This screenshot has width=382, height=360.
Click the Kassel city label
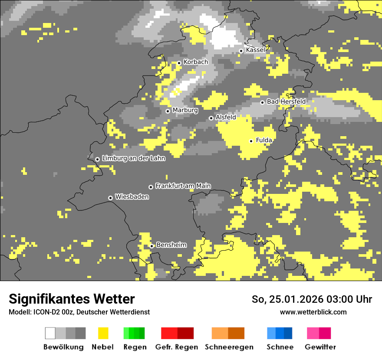point(255,50)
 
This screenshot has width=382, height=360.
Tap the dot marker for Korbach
point(179,63)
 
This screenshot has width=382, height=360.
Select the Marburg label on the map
point(185,110)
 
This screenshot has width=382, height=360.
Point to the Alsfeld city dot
point(211,118)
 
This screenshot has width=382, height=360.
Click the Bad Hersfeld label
point(286,101)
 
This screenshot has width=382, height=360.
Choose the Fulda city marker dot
point(251,141)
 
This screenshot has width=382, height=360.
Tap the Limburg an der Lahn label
point(133,158)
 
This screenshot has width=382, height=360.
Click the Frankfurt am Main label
point(183,186)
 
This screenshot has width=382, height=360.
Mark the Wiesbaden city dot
point(110,198)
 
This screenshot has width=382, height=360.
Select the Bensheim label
point(171,245)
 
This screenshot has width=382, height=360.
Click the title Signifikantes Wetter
point(72,299)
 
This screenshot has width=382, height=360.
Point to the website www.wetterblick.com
point(313,312)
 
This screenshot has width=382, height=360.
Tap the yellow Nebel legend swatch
point(103,333)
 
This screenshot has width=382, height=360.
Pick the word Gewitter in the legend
point(320,347)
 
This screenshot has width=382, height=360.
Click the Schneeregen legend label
point(229,347)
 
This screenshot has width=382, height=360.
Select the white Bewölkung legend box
point(50,333)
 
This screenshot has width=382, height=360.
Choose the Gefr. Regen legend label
point(177,347)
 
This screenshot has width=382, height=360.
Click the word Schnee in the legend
point(280,347)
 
